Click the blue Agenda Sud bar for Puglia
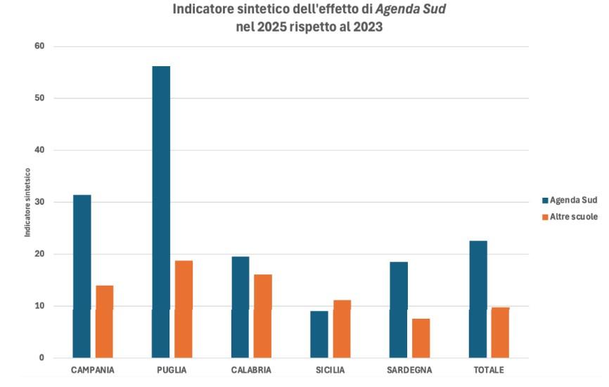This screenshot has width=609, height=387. click(x=161, y=211)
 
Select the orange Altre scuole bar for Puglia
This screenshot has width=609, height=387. click(x=184, y=309)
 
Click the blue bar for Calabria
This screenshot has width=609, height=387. click(x=241, y=307)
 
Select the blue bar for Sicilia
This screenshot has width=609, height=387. click(x=319, y=334)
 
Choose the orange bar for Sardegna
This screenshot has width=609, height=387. click(x=421, y=338)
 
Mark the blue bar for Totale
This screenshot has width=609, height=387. click(x=478, y=299)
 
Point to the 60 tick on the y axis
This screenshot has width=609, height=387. click(x=39, y=46)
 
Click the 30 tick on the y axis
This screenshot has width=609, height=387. click(x=39, y=202)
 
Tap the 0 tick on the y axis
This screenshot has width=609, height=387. click(x=41, y=358)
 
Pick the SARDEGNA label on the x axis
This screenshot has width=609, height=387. click(x=409, y=370)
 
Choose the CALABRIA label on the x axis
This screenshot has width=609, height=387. click(x=251, y=370)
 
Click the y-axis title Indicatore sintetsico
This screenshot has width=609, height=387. click(x=28, y=202)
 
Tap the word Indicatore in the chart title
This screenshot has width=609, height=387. click(x=206, y=11)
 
